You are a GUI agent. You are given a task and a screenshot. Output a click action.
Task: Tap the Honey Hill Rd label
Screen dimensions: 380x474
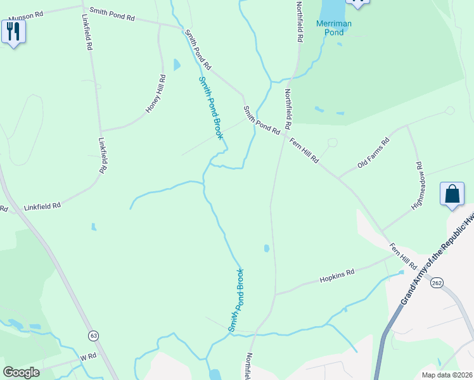point(156,94)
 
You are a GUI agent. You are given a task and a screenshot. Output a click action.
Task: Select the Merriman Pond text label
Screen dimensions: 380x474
point(334,28)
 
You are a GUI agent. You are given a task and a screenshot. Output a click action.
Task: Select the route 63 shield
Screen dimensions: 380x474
point(94,334)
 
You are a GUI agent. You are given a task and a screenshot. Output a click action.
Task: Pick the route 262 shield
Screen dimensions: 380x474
point(436,283)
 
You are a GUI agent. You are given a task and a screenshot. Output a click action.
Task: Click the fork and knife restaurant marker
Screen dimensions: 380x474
point(13,32)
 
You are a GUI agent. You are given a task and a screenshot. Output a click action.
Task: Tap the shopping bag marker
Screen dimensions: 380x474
point(452,194)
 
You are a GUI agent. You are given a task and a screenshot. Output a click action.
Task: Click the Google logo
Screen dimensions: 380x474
point(21,372)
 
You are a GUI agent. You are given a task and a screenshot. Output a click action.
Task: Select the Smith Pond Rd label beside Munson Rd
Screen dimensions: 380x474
point(112,14)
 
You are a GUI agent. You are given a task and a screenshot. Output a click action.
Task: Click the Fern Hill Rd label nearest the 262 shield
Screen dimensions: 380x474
point(403,255)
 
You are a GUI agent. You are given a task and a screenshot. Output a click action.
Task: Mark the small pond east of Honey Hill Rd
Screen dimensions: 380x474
point(177,65)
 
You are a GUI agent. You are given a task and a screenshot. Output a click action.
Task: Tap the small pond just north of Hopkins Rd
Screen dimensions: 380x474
point(266,248)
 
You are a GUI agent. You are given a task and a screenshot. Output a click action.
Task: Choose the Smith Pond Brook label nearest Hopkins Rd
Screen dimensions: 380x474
point(236,300)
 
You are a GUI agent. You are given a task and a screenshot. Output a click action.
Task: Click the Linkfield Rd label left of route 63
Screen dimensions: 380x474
point(3,208)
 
